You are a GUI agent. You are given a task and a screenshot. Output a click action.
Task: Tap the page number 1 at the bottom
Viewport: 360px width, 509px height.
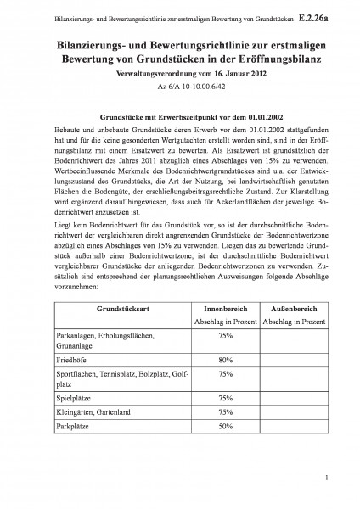(x=325, y=480)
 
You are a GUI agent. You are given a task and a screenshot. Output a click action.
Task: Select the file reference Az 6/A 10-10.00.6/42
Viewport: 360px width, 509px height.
(x=179, y=86)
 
